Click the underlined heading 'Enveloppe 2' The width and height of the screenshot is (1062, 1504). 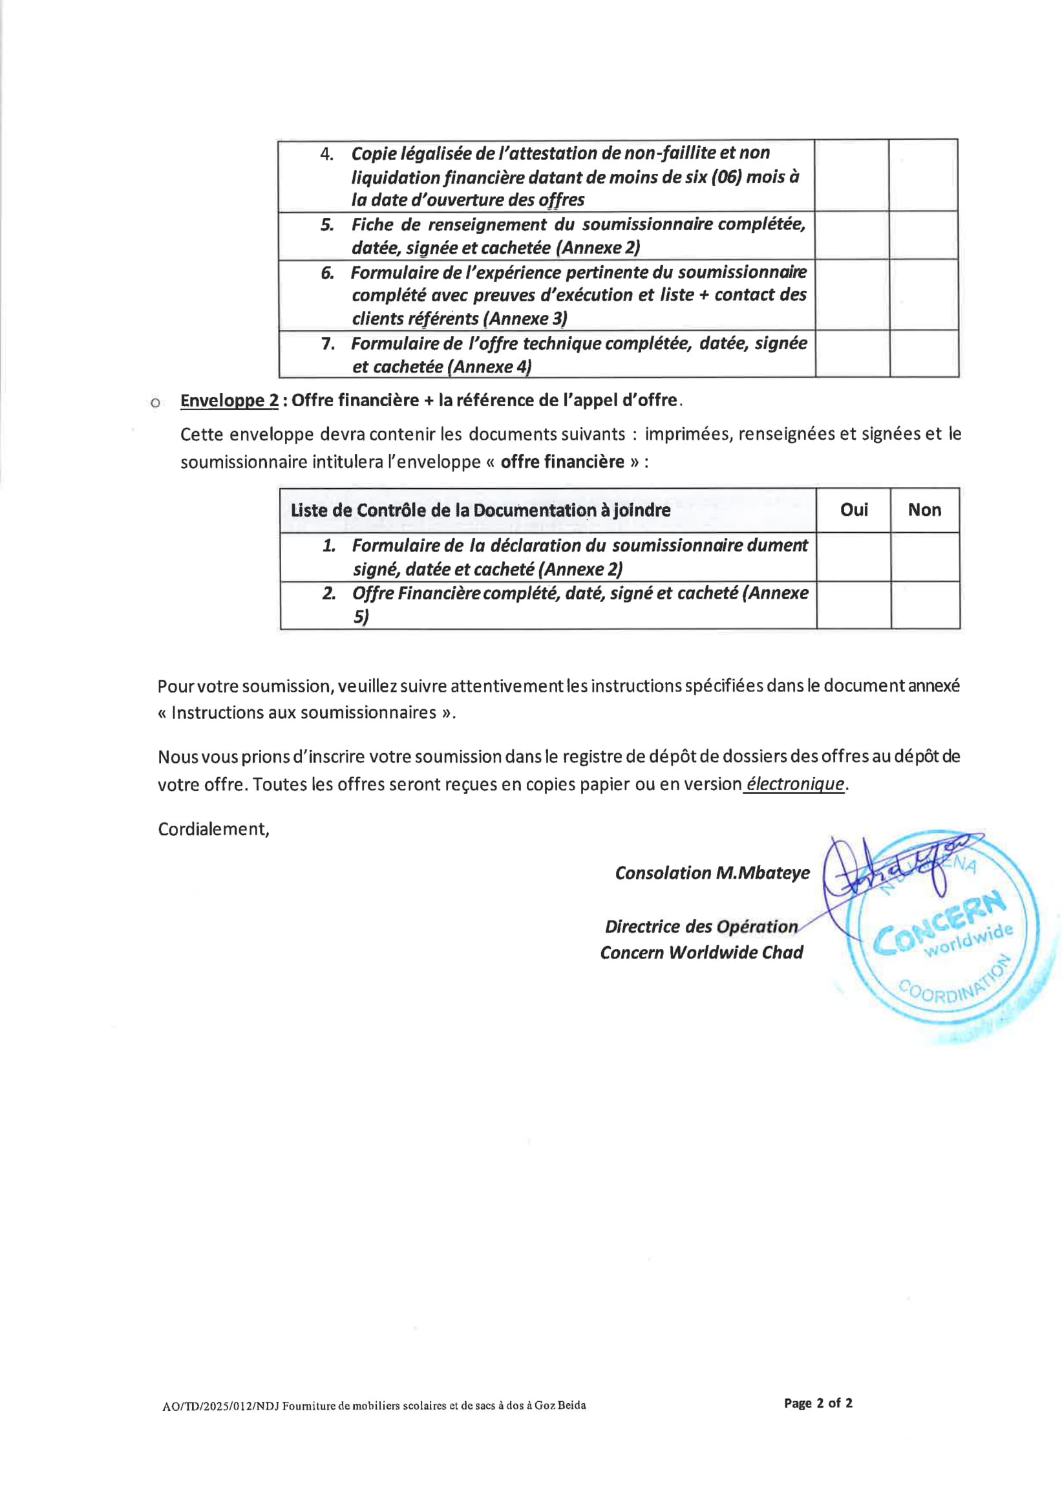pyautogui.click(x=229, y=400)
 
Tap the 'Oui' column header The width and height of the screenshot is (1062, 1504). pyautogui.click(x=853, y=510)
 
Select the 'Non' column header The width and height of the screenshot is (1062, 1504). pyautogui.click(x=924, y=510)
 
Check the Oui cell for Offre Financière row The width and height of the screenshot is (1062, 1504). pyautogui.click(x=853, y=605)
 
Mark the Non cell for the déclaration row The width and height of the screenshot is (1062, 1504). pyautogui.click(x=924, y=557)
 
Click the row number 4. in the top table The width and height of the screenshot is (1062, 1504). pyautogui.click(x=326, y=154)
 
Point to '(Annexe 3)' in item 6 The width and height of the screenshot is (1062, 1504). pyautogui.click(x=524, y=318)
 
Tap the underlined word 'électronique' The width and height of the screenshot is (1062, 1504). pyautogui.click(x=795, y=784)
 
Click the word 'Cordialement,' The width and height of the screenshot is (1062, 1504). pyautogui.click(x=213, y=830)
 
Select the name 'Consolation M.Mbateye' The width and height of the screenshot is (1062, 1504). pyautogui.click(x=712, y=872)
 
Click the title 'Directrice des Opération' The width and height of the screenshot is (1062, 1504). pyautogui.click(x=701, y=926)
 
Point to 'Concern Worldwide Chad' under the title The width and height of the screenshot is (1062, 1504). pyautogui.click(x=701, y=952)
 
